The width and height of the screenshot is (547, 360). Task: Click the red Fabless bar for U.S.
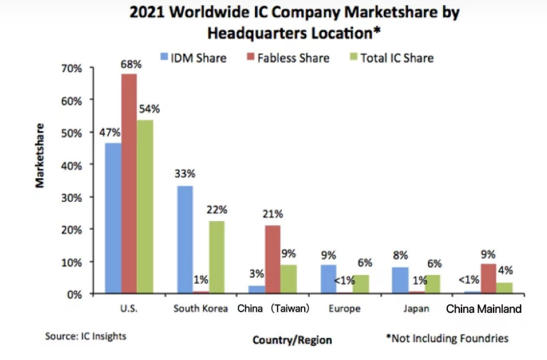tap(129, 183)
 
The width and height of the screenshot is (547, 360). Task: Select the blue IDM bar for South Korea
tap(184, 240)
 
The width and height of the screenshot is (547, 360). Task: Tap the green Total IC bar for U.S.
tap(145, 206)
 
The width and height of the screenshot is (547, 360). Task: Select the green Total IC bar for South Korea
tap(217, 257)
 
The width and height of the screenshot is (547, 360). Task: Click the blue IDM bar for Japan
tap(400, 280)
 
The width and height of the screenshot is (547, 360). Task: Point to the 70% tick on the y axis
tap(73, 68)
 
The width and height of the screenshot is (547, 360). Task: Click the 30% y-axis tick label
tap(73, 197)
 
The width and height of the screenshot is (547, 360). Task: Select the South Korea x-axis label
tap(200, 309)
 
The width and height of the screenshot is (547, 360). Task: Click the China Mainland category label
tap(484, 309)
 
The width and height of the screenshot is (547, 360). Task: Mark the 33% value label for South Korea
tap(184, 173)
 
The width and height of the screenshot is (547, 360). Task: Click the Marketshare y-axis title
tap(41, 155)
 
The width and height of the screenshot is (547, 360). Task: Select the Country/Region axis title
tap(292, 340)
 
